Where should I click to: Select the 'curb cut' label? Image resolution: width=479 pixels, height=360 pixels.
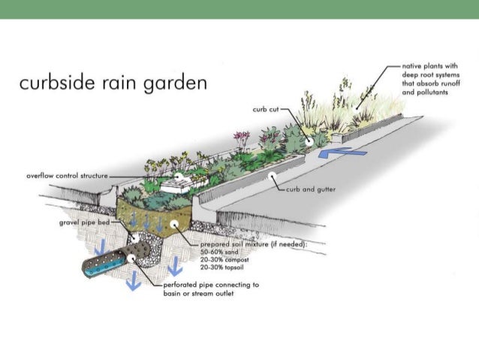265,109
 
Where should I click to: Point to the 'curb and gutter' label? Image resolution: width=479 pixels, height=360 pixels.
309,191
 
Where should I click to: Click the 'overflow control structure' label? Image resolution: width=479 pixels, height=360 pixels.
67,175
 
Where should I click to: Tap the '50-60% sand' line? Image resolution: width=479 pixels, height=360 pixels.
217,253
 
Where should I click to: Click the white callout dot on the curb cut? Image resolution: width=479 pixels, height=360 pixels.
309,138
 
